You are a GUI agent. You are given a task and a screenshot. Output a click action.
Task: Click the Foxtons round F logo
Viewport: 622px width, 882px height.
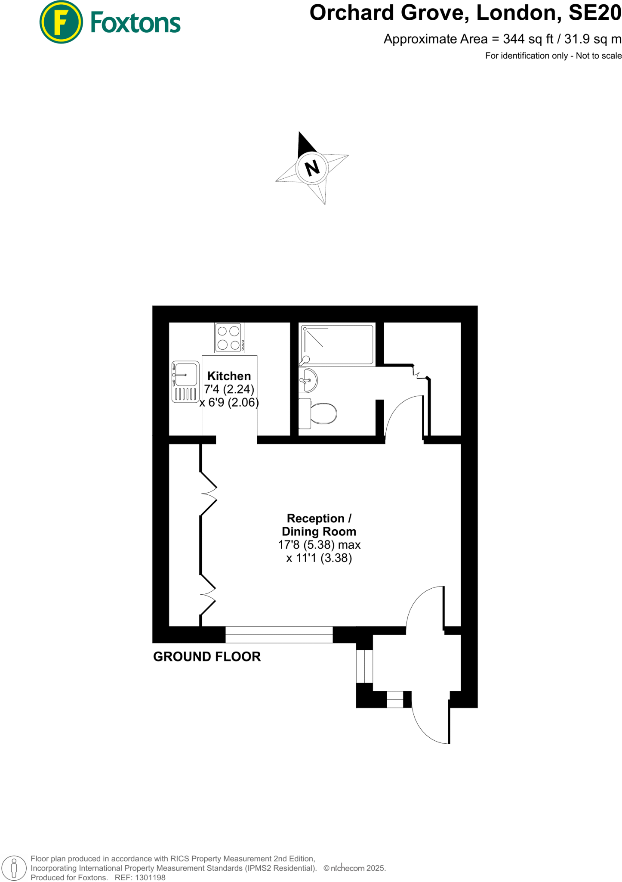[x=61, y=22]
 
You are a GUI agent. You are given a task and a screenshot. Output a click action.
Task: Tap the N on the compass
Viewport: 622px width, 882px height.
[x=312, y=168]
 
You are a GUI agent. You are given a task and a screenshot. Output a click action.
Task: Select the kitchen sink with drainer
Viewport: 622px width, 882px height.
[x=185, y=382]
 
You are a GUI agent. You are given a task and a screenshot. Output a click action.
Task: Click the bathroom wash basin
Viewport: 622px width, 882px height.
[x=308, y=380]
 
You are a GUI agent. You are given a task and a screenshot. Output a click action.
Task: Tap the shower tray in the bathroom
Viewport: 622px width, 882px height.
[x=337, y=345]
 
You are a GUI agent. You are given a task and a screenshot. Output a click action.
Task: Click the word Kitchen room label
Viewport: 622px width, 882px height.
[x=229, y=376]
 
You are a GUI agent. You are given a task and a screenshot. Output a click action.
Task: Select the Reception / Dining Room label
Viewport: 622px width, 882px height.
[x=319, y=525]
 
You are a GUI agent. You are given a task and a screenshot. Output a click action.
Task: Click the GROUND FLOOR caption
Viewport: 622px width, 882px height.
[x=207, y=657]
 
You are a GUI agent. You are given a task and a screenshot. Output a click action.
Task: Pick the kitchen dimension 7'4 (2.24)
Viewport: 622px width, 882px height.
[x=229, y=389]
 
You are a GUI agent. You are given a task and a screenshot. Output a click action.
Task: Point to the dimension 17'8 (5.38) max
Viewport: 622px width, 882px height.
[x=319, y=545]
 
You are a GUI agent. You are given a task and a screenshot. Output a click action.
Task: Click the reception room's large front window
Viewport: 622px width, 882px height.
[x=279, y=635]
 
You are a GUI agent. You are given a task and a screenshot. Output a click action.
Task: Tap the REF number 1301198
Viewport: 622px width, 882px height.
[x=150, y=878]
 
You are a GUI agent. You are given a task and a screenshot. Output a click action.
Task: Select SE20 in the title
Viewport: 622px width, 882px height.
[x=595, y=13]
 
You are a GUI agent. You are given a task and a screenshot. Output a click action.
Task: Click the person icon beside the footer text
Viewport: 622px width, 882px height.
[x=14, y=868]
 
